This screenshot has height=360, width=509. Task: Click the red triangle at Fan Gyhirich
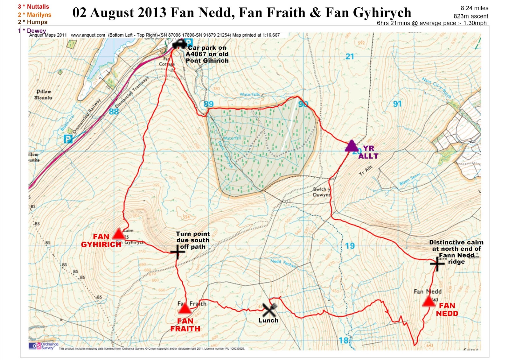(119, 234)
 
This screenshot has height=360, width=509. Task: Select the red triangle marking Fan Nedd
(429, 301)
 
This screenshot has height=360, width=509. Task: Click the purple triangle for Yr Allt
(352, 146)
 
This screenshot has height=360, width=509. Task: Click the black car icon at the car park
(179, 44)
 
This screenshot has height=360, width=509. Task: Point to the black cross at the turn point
(177, 252)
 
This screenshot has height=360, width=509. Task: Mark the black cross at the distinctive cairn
(437, 264)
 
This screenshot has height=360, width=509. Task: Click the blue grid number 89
(208, 104)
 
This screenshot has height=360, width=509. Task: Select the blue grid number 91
(397, 104)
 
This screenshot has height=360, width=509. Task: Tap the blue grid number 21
(350, 57)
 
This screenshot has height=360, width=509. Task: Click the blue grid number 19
(350, 246)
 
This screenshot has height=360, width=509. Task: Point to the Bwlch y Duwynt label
(322, 192)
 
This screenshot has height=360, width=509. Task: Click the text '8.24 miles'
(474, 8)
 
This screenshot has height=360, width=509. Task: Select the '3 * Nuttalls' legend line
(33, 7)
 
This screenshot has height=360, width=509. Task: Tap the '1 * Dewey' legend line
(32, 31)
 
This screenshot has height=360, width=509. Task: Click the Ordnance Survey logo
(44, 346)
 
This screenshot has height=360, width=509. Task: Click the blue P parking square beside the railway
(68, 139)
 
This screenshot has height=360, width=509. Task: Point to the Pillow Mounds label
(44, 95)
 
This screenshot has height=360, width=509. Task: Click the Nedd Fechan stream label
(283, 263)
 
